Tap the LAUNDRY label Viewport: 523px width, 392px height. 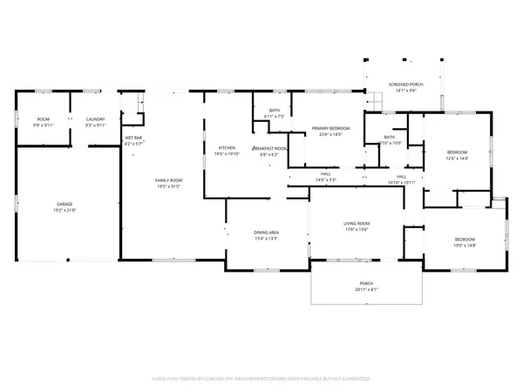coord(95,119)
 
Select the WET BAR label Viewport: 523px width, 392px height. coord(133,139)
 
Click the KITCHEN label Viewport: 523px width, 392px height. coord(227,148)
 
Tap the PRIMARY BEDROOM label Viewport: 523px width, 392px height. coord(330,129)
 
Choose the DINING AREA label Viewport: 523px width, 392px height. coord(266,233)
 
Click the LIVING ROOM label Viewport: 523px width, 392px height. coord(357,224)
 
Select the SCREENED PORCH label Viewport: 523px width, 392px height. coord(405,84)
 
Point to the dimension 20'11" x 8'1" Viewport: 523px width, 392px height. coord(367,289)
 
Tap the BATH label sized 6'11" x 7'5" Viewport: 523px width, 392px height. coord(273,110)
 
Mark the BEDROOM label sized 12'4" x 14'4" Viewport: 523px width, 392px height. coord(457,152)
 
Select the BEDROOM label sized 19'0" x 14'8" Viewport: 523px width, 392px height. coord(465,240)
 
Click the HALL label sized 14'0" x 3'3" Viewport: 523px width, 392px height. coord(325,174)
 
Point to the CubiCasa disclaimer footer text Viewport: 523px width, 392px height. coord(261,379)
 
